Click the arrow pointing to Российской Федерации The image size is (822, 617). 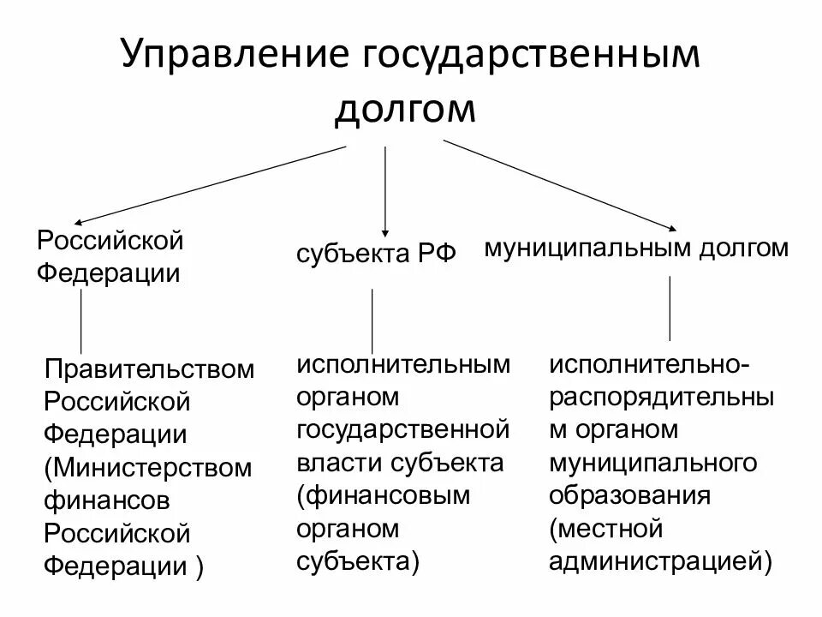(205, 184)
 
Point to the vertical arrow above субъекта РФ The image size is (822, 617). (385, 189)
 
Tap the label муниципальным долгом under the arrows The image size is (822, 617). (636, 249)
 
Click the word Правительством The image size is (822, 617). (150, 369)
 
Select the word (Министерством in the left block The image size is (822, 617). (150, 468)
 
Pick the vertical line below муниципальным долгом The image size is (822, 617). (669, 308)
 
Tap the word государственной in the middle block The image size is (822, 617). (403, 429)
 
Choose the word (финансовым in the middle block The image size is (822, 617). (384, 496)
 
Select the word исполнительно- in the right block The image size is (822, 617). (652, 364)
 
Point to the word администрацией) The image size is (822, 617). (662, 561)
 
